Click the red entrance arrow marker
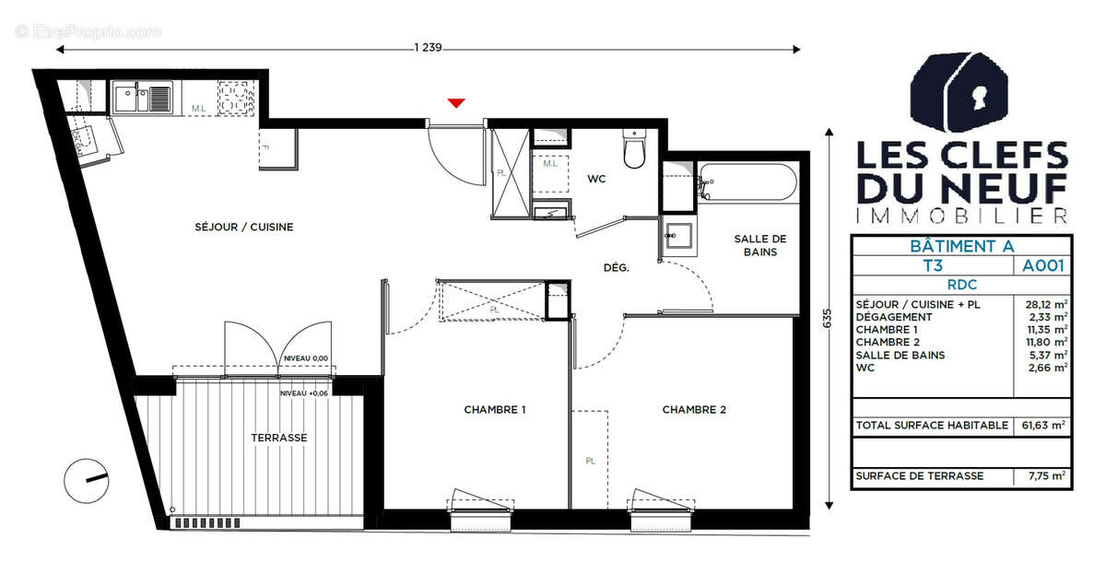(x=455, y=102)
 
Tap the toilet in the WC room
(x=634, y=151)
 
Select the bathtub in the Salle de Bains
(x=747, y=182)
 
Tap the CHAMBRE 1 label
(x=495, y=410)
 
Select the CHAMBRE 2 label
(x=694, y=410)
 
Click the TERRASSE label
(x=278, y=438)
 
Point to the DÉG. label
(x=616, y=268)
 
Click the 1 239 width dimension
(x=429, y=49)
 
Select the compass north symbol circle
(x=87, y=479)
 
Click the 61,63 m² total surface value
(x=1043, y=425)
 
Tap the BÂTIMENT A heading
(x=960, y=246)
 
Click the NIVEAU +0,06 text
(x=305, y=393)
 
